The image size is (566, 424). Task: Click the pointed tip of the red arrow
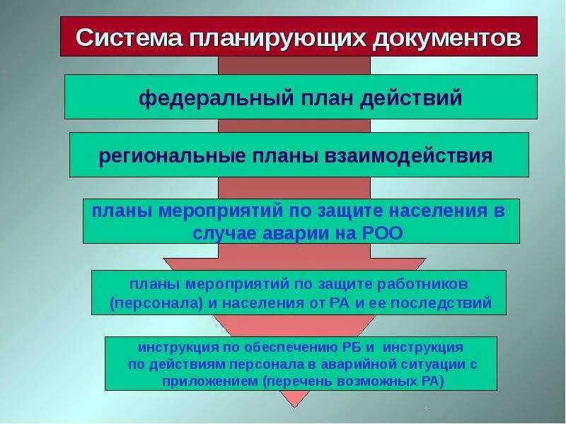click(295, 406)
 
